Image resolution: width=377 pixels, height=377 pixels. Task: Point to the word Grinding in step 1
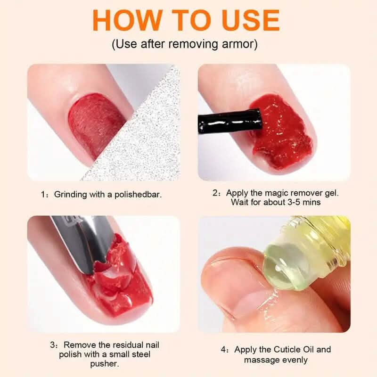(70, 194)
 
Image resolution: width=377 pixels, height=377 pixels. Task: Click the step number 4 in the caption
(223, 350)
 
